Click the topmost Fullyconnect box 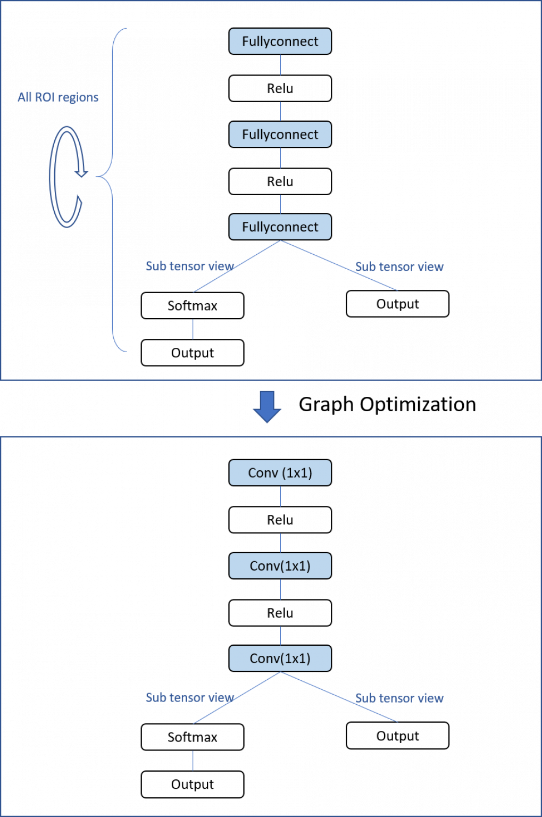coord(280,41)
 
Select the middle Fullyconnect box coord(280,135)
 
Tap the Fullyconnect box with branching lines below coord(280,227)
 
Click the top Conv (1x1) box coord(280,473)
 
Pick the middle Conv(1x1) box coord(280,566)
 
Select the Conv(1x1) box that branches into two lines coord(280,658)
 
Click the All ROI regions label coord(57,97)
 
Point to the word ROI coord(44,97)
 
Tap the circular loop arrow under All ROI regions coord(66,177)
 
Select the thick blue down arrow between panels coord(266,406)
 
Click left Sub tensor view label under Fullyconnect coord(189,266)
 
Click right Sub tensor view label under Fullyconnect coord(399,266)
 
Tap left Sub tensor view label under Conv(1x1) coord(189,697)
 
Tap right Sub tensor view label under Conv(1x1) coord(399,698)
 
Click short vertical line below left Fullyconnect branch coord(193,329)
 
